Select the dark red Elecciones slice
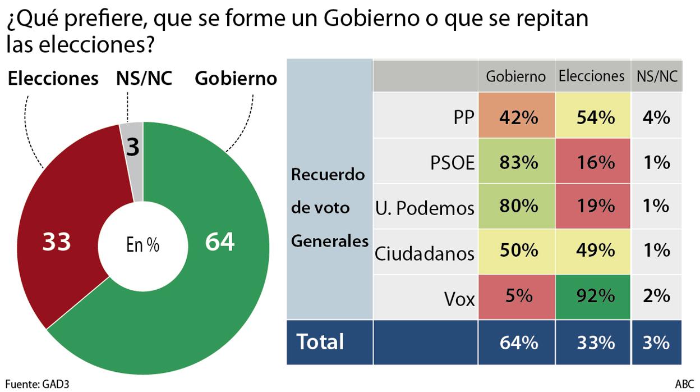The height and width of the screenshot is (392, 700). (62, 225)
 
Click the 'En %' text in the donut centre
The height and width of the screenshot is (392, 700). (142, 245)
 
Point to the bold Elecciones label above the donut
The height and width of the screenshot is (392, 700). (53, 78)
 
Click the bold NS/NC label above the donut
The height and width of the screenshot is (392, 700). (144, 78)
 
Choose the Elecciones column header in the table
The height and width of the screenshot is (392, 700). (591, 76)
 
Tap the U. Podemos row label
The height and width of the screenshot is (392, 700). (425, 208)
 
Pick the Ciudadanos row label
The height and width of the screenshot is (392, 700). (425, 253)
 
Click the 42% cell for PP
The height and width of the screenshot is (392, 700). (516, 118)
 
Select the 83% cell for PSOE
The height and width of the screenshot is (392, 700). (516, 163)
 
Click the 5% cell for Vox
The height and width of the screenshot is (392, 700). (516, 296)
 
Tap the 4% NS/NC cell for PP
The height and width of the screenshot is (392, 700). (656, 118)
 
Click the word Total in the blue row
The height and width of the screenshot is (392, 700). (320, 341)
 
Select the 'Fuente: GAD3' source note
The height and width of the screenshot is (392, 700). (38, 385)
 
